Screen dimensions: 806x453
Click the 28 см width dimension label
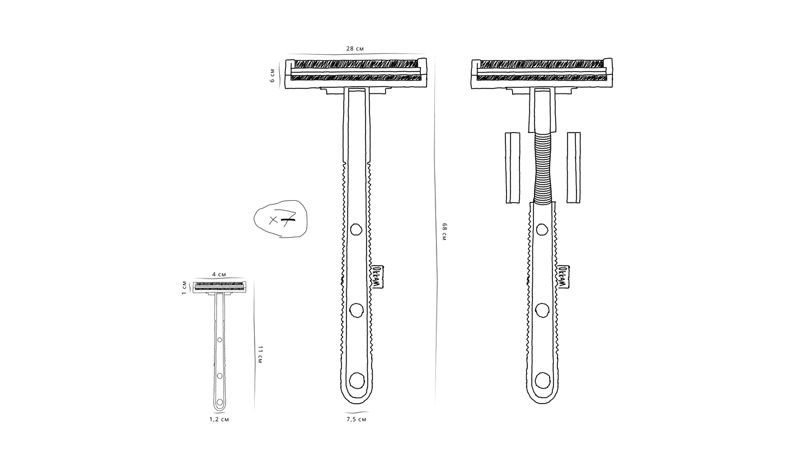[x=355, y=49]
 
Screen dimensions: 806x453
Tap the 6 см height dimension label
[x=273, y=75]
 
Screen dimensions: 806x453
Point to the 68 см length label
[x=444, y=232]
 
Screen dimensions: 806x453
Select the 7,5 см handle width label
[x=356, y=419]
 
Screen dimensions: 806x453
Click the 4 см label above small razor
[x=219, y=274]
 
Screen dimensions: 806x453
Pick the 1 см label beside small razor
[x=184, y=287]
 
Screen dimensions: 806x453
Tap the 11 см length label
[x=260, y=355]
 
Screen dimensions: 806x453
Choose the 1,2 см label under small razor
[x=219, y=419]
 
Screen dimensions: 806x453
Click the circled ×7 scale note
[x=280, y=219]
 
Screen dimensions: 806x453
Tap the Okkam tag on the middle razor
[x=377, y=277]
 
